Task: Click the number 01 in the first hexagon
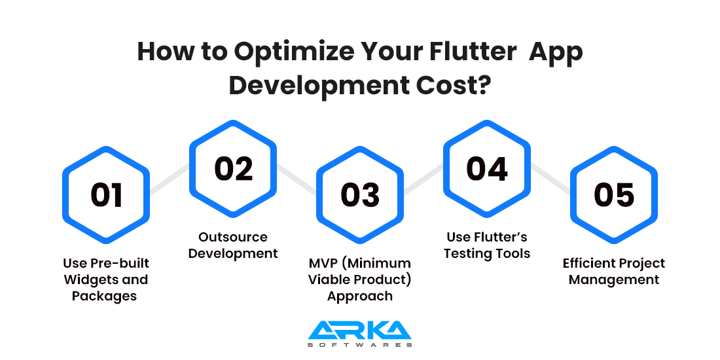pos(107,195)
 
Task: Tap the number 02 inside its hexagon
pos(234,168)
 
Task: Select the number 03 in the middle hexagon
pos(361,195)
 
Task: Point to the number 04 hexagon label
pos(487,168)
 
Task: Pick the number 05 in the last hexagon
pos(615,195)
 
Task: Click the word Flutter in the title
pos(473,52)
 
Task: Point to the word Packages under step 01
pos(105,296)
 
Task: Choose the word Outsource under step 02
pos(233,237)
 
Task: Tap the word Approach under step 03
pos(360,296)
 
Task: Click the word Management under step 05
pos(614,279)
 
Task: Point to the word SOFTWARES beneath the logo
pos(360,345)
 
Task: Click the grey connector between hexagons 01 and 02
pos(170,179)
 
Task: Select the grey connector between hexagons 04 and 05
pos(550,179)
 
